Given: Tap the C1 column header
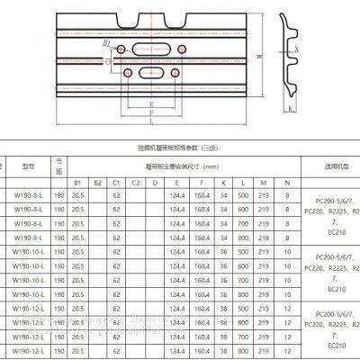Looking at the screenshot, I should pyautogui.click(x=116, y=183).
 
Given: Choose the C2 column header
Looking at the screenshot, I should pyautogui.click(x=134, y=183).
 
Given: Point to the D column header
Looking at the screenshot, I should pyautogui.click(x=154, y=183).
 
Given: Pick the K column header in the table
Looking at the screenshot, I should pyautogui.click(x=224, y=183).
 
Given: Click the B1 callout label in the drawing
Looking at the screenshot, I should pyautogui.click(x=108, y=42).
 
